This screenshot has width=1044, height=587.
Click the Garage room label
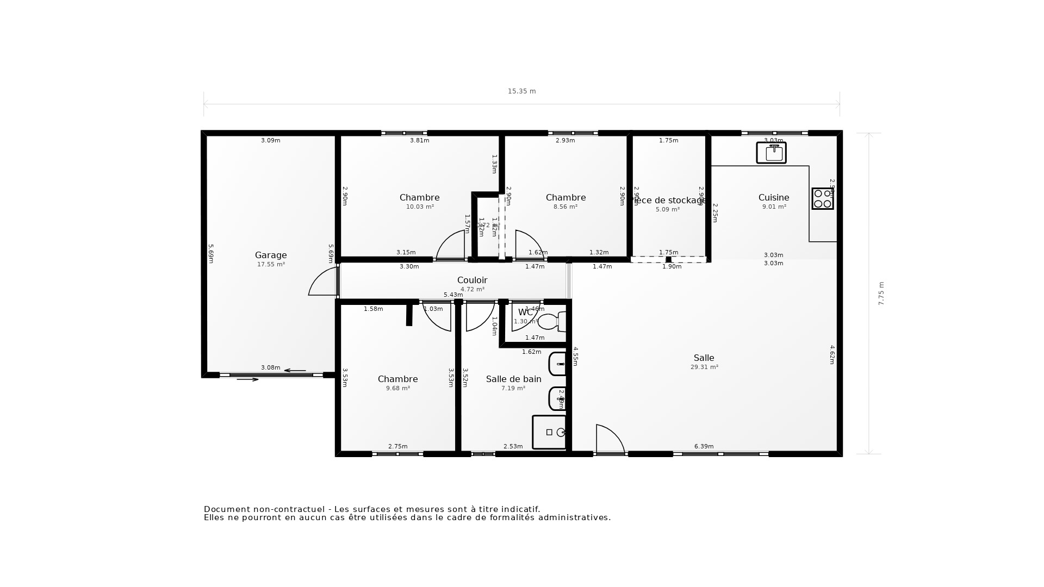[271, 255]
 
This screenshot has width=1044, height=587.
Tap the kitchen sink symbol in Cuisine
[771, 153]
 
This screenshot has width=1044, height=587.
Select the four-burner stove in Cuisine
[822, 198]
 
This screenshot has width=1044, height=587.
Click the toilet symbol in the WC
[550, 322]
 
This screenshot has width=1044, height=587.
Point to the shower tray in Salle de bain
[549, 432]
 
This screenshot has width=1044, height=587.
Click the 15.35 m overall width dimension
[521, 91]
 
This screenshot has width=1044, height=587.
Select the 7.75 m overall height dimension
[881, 293]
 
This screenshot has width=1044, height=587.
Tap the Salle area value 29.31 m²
[704, 367]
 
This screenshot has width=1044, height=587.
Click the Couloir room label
[472, 280]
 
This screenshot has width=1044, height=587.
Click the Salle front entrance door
[610, 439]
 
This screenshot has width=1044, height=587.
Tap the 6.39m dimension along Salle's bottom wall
[704, 447]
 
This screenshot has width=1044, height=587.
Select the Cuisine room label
[773, 198]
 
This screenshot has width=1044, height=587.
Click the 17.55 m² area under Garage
[271, 265]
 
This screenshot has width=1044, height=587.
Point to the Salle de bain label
[513, 379]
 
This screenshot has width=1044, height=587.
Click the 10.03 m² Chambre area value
[420, 207]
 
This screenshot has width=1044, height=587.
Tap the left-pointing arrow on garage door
[295, 371]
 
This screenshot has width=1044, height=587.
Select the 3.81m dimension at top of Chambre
[419, 141]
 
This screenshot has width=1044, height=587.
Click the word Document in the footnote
[226, 509]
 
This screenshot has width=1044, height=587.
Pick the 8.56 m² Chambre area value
[565, 207]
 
